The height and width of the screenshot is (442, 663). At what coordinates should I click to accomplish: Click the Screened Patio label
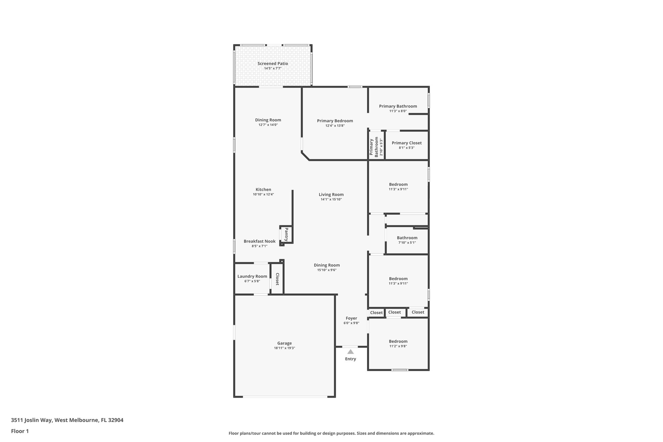pyautogui.click(x=273, y=63)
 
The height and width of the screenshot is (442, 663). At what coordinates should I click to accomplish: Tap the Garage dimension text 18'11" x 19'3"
pyautogui.click(x=284, y=348)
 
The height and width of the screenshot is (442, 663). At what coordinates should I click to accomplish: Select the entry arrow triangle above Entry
pyautogui.click(x=350, y=352)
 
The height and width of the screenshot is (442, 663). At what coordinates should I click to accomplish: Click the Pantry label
pyautogui.click(x=287, y=234)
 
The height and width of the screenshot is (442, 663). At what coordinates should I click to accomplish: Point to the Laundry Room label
pyautogui.click(x=252, y=276)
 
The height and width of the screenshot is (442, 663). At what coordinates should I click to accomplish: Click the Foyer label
pyautogui.click(x=351, y=318)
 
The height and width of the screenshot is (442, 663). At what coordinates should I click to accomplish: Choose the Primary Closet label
pyautogui.click(x=407, y=143)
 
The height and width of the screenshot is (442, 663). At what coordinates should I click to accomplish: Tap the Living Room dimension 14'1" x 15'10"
pyautogui.click(x=331, y=199)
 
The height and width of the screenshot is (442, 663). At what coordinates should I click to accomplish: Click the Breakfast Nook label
pyautogui.click(x=260, y=241)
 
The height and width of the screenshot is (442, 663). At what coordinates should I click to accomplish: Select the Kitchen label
pyautogui.click(x=263, y=189)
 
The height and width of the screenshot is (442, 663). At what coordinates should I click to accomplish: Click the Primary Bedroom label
pyautogui.click(x=335, y=121)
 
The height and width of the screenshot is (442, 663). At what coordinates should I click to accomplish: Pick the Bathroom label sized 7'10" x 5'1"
pyautogui.click(x=407, y=238)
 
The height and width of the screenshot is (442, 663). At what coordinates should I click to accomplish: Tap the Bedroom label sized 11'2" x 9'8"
pyautogui.click(x=398, y=341)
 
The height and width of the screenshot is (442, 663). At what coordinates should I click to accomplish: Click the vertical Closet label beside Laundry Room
pyautogui.click(x=277, y=279)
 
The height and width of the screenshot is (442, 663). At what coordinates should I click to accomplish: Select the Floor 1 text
pyautogui.click(x=20, y=431)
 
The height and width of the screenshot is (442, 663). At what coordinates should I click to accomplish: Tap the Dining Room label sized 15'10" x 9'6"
pyautogui.click(x=327, y=265)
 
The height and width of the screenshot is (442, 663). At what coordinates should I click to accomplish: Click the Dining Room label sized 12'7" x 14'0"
pyautogui.click(x=268, y=120)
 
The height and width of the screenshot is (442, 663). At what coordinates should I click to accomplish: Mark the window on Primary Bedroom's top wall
pyautogui.click(x=355, y=87)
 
